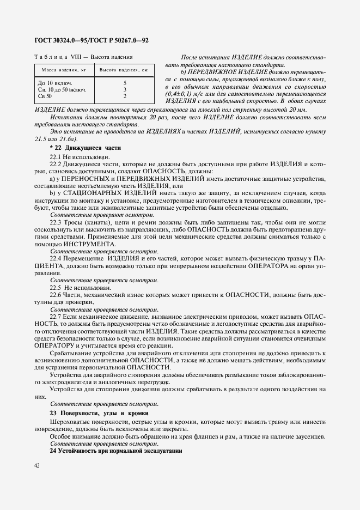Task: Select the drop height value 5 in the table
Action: (125, 82)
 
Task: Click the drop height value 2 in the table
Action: (125, 96)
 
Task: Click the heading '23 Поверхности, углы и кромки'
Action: (99, 414)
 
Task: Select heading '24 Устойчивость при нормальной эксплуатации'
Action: (115, 452)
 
